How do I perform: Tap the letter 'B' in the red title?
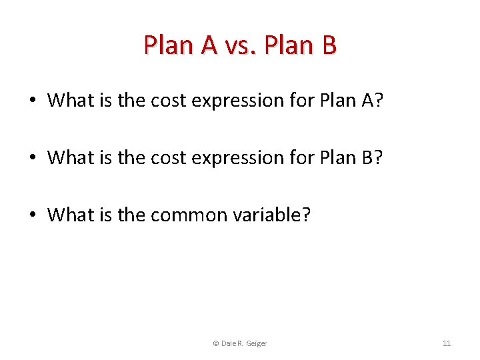328,45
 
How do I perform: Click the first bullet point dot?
32,101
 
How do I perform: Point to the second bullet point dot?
32,158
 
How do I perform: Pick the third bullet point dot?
32,215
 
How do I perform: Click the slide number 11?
447,343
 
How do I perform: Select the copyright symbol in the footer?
215,343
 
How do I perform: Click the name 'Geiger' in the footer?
256,343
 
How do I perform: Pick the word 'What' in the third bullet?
69,215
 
